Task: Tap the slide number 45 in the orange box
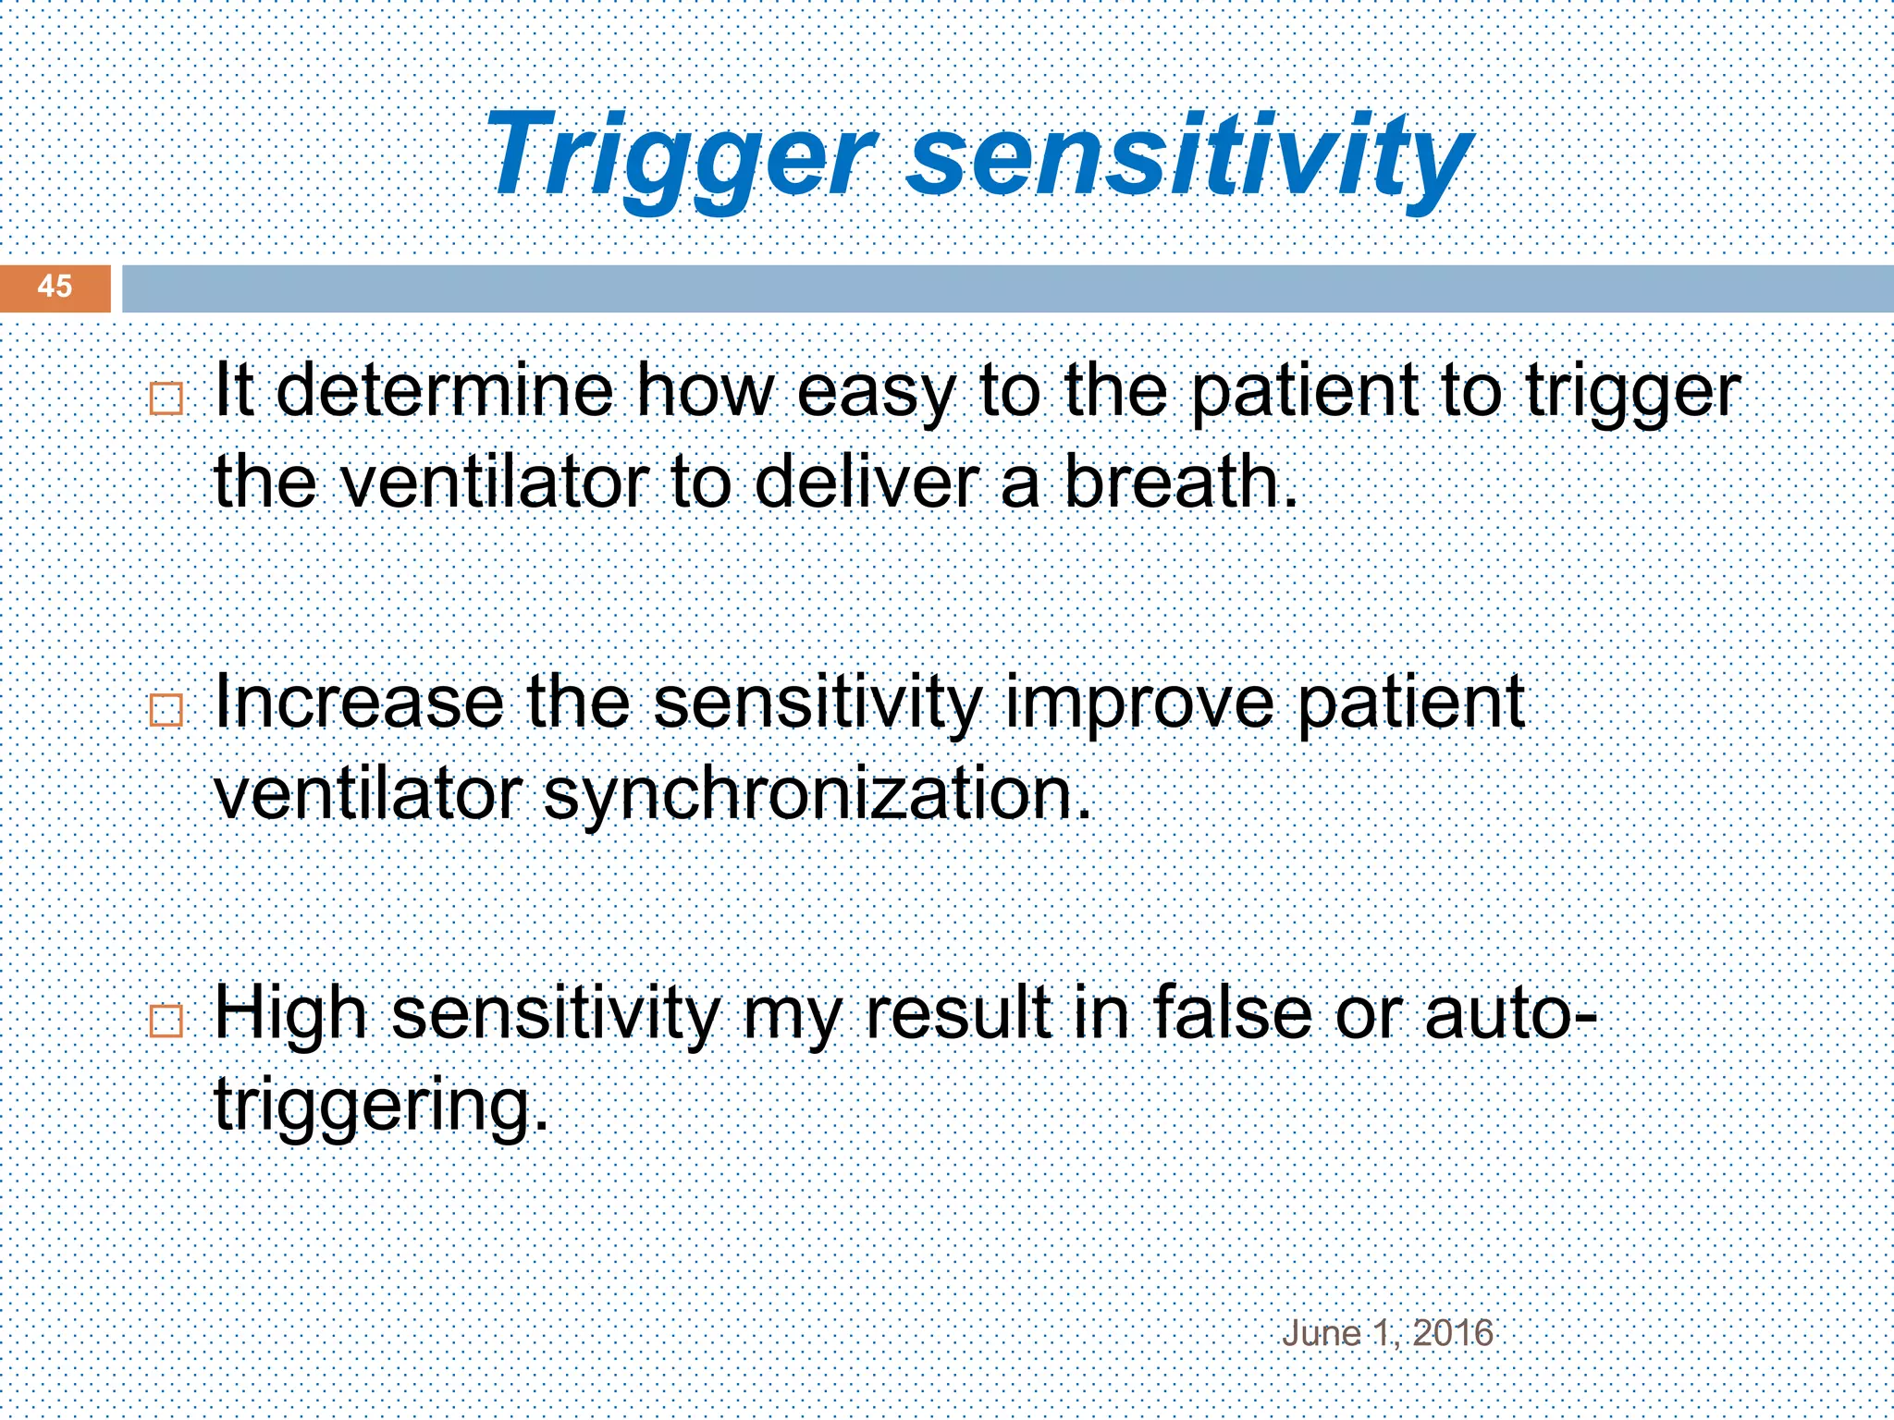55,287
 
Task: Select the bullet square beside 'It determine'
166,399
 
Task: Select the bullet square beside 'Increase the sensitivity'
166,710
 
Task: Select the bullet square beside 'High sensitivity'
166,1022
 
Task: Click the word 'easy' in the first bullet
874,393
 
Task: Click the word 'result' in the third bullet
957,1013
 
